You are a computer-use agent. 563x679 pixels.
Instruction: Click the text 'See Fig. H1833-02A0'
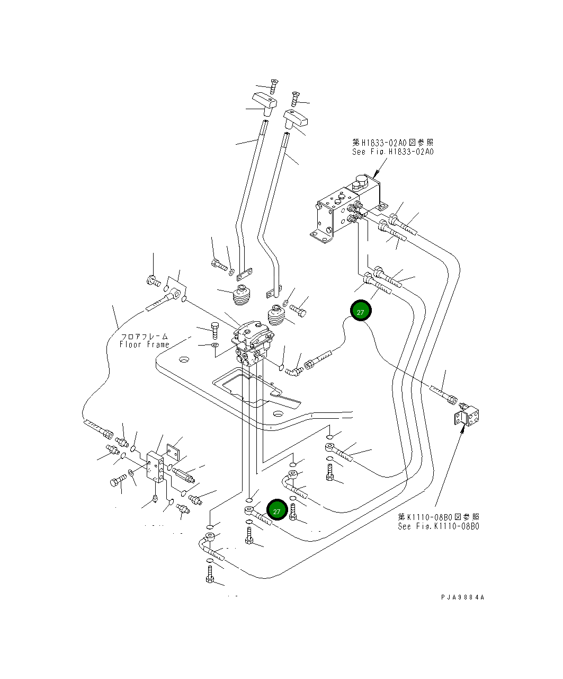(393, 152)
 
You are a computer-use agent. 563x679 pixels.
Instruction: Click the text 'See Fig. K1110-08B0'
(439, 526)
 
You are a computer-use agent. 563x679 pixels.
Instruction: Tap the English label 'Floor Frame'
(144, 345)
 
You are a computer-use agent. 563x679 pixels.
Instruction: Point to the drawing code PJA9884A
(462, 597)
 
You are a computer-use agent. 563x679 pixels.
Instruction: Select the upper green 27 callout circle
(360, 312)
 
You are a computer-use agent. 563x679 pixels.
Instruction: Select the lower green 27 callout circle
(276, 511)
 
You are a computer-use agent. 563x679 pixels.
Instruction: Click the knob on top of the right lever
(296, 119)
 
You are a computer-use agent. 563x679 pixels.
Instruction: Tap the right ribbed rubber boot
(276, 317)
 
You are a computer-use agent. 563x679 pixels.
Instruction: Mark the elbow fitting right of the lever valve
(293, 370)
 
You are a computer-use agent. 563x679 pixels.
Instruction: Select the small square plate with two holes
(174, 452)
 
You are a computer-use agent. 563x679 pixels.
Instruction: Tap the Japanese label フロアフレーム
(144, 336)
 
